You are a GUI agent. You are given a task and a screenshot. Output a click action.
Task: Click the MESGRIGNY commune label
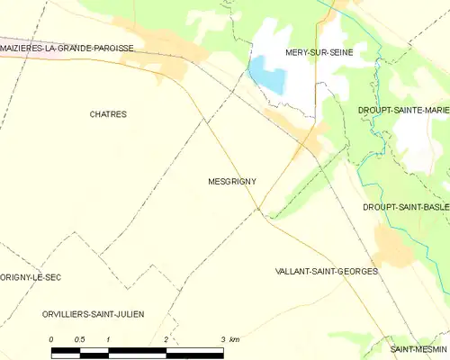click(231, 181)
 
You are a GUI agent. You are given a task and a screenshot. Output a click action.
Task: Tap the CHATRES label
click(108, 114)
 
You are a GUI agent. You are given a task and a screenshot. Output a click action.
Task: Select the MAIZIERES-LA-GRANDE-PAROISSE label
click(68, 48)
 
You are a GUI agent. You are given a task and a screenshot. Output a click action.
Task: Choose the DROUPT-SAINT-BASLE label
click(405, 206)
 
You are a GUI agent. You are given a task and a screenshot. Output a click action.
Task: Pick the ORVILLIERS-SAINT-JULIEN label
click(93, 313)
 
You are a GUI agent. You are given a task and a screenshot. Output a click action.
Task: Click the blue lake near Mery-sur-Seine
click(268, 76)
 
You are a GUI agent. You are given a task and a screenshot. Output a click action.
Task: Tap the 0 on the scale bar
click(51, 338)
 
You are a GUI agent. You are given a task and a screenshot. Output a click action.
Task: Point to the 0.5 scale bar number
click(79, 338)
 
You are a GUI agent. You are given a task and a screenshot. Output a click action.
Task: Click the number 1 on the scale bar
click(108, 338)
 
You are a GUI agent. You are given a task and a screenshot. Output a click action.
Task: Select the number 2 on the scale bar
click(166, 338)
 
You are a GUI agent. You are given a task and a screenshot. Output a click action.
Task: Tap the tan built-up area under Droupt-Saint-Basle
click(393, 241)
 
